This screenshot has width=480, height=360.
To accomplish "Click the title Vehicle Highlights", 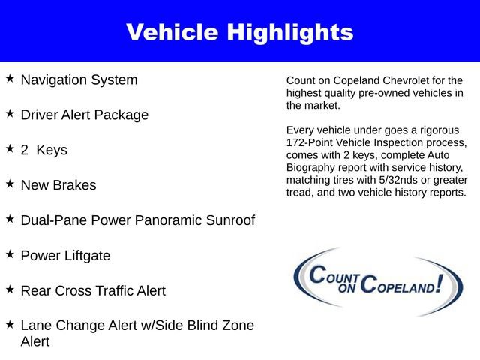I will point(239,32).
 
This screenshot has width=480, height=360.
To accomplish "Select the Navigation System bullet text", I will point(79,79).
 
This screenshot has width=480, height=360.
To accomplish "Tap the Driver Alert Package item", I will point(84,115).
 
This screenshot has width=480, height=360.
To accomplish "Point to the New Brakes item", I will point(58,185).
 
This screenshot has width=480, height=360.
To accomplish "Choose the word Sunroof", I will point(228,220).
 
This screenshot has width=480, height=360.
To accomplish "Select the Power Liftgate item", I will point(65,256).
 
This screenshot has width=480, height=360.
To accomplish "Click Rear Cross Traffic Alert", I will point(93,290).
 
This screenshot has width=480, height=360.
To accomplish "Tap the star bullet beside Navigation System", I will point(10,78).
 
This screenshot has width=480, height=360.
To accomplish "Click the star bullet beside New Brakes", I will point(10,183).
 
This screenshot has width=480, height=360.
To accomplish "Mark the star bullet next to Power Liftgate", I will point(10,254).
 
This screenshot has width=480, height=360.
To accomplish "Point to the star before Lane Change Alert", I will point(10,324).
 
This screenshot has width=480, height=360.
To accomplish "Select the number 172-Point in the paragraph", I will point(310,142).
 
